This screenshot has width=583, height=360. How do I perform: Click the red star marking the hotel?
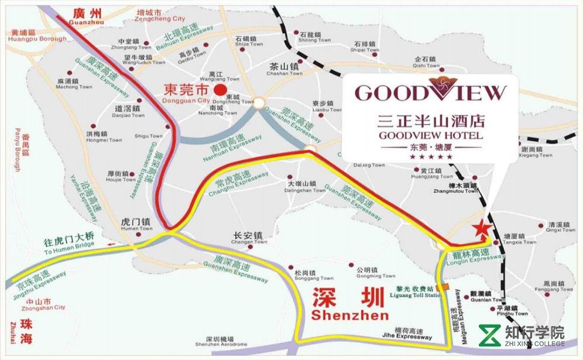pos(482,229)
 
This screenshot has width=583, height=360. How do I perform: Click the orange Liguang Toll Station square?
pos(445,287)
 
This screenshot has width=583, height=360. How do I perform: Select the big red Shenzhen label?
pos(349,305)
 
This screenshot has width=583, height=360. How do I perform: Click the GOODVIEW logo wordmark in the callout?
pos(430,92)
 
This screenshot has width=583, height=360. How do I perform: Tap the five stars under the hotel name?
pos(431,157)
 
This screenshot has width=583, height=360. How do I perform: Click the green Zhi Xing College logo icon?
pos(489,335)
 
